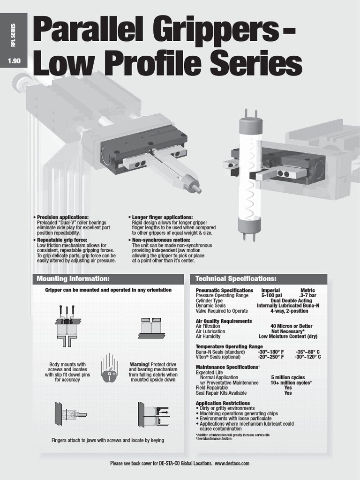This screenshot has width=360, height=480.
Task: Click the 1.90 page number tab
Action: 14,60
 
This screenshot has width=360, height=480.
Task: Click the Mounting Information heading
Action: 70,279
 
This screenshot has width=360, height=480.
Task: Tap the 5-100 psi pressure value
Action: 271,296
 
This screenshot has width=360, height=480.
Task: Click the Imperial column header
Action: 270,291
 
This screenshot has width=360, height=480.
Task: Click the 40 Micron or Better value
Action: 291,326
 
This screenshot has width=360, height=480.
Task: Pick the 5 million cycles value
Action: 287,377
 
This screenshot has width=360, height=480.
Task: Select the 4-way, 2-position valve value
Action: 289,311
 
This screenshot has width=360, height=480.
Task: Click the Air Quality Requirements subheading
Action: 223,321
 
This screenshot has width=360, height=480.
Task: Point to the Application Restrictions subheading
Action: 222,403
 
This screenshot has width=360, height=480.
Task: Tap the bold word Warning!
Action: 140,364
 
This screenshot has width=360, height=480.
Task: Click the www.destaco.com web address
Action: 232,463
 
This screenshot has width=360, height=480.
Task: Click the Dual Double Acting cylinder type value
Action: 291,301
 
